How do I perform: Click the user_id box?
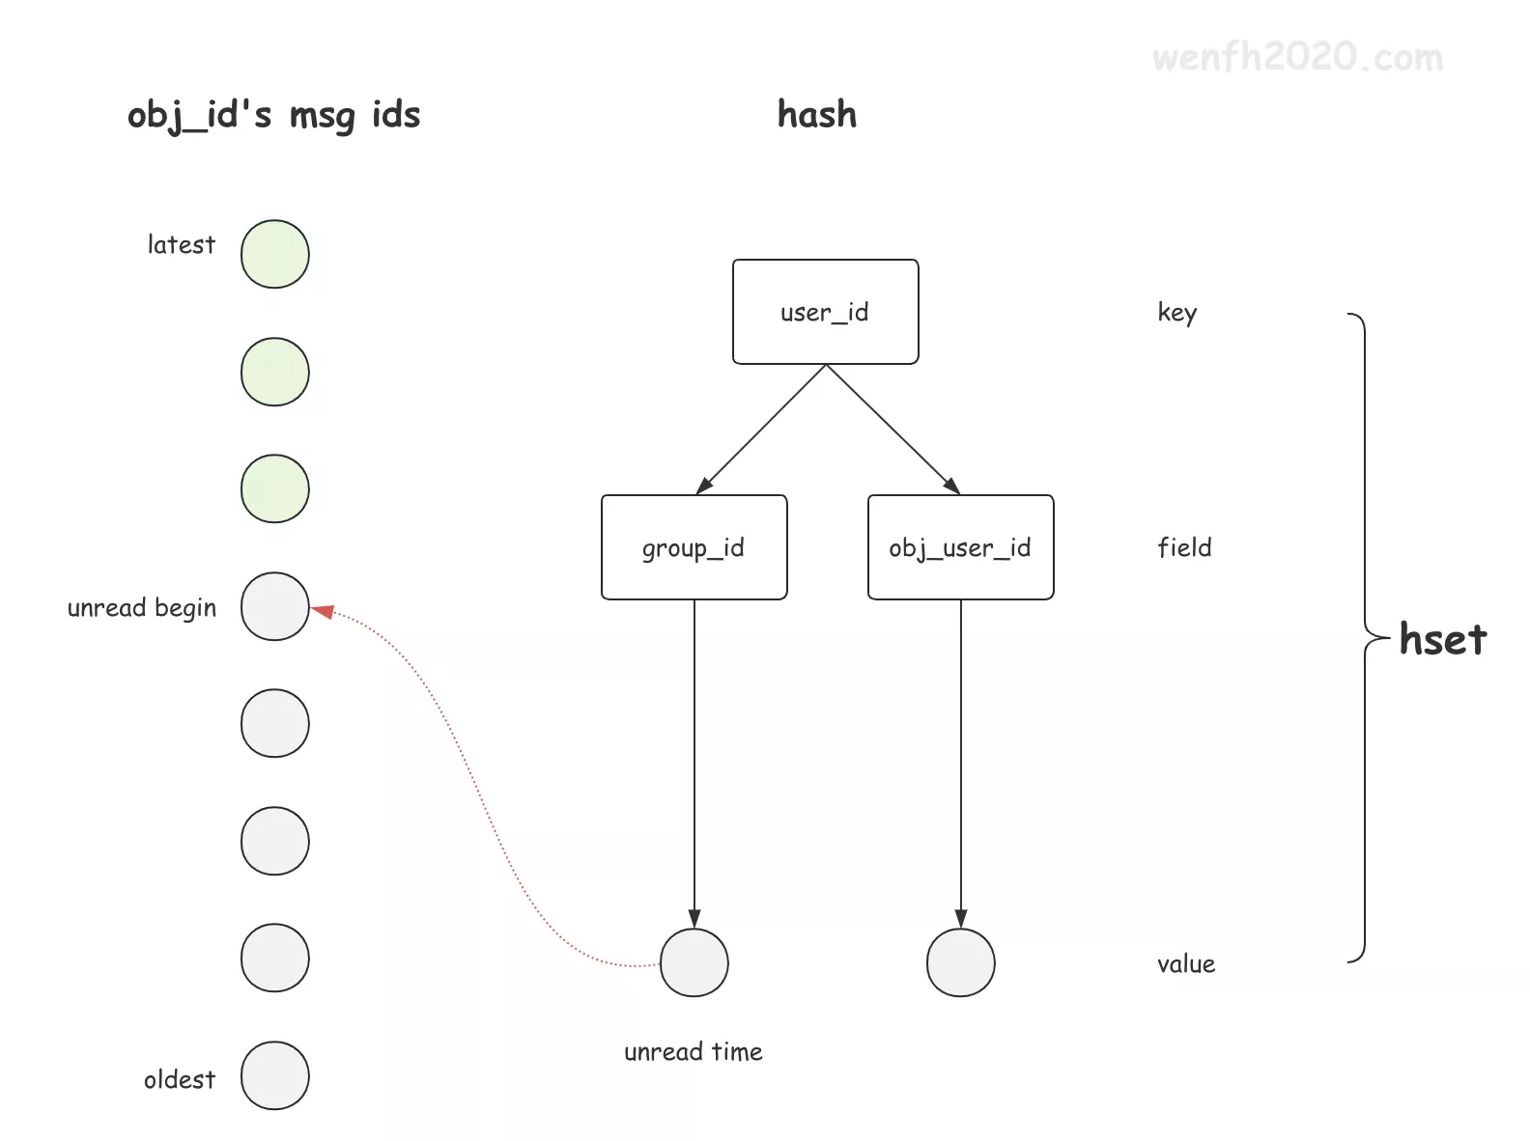(x=825, y=312)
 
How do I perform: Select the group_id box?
(x=694, y=547)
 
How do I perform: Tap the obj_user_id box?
(x=960, y=547)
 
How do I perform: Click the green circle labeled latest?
(x=275, y=254)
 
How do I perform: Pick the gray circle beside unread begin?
(x=275, y=606)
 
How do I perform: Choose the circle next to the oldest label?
(x=275, y=1075)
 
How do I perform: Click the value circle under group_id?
(x=694, y=962)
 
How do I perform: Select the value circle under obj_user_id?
(x=960, y=962)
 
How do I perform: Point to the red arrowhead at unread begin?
(x=323, y=611)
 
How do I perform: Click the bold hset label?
(x=1442, y=640)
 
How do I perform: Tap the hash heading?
(x=817, y=115)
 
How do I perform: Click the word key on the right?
(x=1176, y=313)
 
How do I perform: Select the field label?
(x=1184, y=548)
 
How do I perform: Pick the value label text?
(x=1186, y=964)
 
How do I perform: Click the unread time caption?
(x=694, y=1051)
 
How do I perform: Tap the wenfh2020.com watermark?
(x=1297, y=58)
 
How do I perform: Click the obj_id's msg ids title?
(x=274, y=116)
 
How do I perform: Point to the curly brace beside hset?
(x=1363, y=637)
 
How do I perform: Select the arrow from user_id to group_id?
(x=760, y=430)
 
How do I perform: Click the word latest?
(x=182, y=245)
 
